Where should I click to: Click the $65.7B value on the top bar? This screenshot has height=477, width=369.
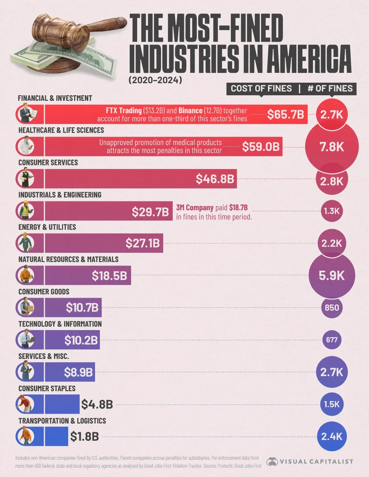(285, 114)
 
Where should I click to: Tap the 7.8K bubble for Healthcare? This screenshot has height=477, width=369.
(332, 147)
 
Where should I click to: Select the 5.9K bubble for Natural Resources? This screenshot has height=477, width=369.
(332, 275)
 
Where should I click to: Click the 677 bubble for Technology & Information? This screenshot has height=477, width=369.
(332, 340)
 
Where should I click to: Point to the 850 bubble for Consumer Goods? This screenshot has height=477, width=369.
(332, 307)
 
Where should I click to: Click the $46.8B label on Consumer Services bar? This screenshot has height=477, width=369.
(215, 179)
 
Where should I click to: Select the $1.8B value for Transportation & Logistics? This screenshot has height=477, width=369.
(84, 436)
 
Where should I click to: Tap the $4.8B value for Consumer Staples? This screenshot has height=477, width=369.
(97, 404)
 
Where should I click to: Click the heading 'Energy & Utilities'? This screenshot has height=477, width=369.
(47, 227)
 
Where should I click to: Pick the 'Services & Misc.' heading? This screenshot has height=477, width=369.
(43, 356)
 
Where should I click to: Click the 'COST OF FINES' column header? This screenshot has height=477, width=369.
(261, 89)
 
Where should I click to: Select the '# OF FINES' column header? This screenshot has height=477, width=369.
(330, 89)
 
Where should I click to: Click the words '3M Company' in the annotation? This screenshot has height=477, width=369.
(195, 208)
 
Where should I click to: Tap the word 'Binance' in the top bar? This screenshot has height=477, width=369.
(190, 111)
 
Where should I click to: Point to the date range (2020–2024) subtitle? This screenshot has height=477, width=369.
(155, 80)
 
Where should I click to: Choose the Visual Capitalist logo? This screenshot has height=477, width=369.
(310, 461)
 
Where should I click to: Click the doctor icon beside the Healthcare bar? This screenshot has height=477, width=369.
(26, 146)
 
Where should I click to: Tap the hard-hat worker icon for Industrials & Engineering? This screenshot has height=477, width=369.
(25, 211)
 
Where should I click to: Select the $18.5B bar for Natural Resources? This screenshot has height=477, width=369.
(88, 275)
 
